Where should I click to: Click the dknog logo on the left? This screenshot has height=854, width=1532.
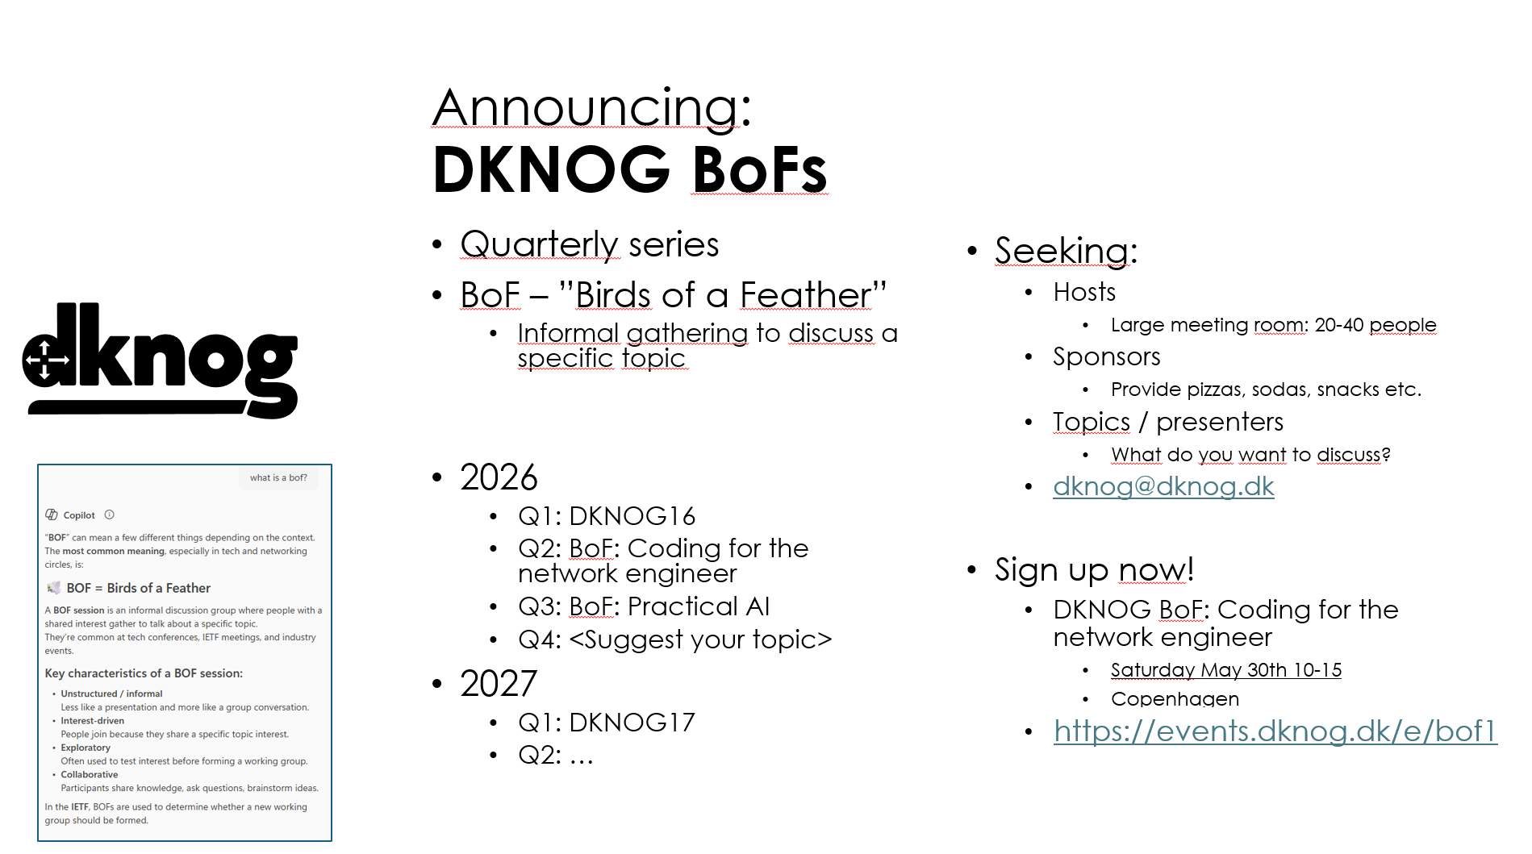160,360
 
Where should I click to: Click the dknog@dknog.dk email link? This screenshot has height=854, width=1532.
1163,486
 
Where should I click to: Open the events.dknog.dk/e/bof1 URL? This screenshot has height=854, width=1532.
1275,731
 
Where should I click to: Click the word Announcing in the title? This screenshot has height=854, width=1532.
591,107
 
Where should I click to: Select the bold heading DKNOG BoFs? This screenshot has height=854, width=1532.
630,169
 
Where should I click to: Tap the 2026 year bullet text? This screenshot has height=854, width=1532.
499,477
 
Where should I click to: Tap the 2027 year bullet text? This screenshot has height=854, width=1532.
499,684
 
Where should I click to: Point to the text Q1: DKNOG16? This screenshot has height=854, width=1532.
607,516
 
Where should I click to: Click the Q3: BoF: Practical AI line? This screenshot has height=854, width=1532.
644,606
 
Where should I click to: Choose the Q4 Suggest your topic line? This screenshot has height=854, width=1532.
674,639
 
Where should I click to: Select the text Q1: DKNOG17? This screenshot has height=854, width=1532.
607,722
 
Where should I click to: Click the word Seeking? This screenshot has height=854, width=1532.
1066,251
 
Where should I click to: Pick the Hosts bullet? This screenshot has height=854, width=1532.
1084,292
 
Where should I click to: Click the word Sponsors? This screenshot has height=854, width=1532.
1107,356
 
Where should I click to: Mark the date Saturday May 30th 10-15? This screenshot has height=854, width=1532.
1226,670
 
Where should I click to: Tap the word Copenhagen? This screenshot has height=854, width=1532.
1175,698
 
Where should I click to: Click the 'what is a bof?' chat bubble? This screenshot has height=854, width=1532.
278,477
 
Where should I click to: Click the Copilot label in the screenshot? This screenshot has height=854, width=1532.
79,515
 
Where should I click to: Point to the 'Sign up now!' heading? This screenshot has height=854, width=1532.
1094,570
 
